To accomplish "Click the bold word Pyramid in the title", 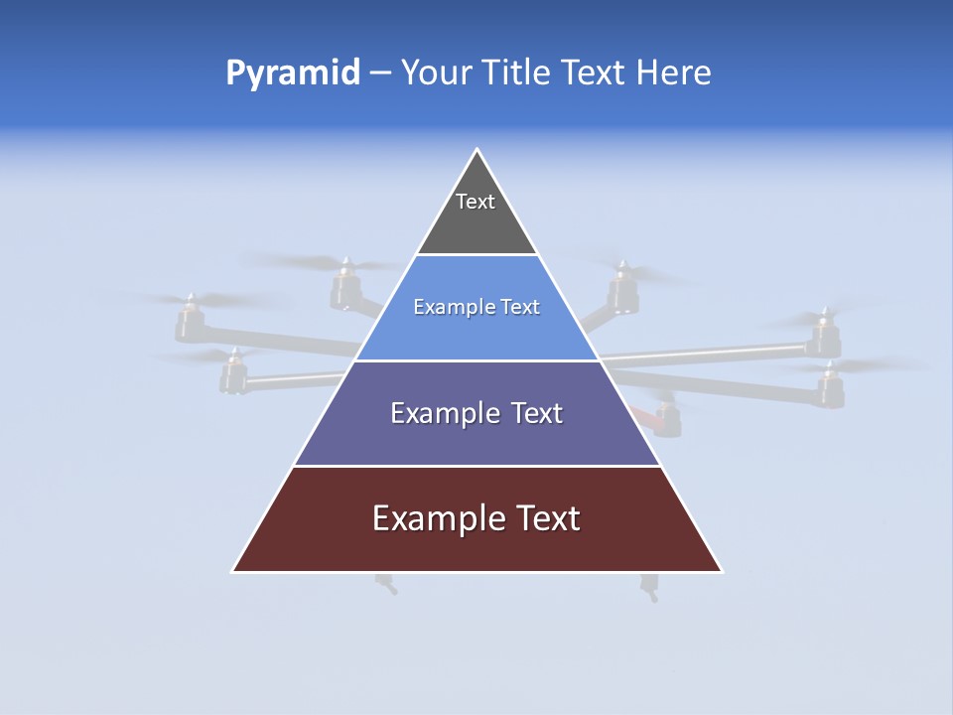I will tap(292, 73).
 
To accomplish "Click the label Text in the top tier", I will tap(475, 202).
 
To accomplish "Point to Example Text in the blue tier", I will tap(476, 307).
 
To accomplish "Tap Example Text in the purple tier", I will tap(476, 413).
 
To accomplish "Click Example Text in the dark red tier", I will tap(476, 518).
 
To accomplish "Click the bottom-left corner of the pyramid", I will tap(234, 571).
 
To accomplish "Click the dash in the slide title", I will tap(380, 73).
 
